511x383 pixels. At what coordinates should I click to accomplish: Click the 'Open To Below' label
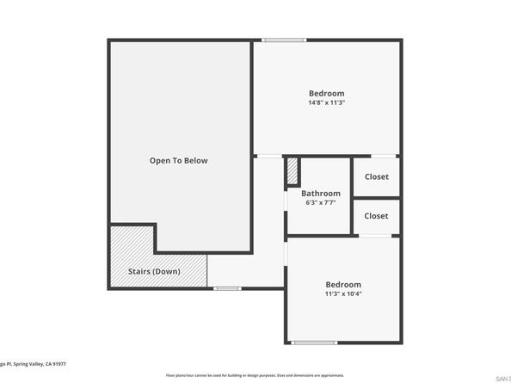178,160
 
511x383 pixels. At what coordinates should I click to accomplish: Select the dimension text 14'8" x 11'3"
326,102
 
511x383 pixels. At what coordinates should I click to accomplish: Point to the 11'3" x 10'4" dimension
342,294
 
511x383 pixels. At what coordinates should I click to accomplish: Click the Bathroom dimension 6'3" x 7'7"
320,203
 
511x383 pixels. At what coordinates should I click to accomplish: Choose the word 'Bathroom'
320,194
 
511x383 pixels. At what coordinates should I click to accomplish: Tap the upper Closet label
376,176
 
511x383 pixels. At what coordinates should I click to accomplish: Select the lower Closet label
376,216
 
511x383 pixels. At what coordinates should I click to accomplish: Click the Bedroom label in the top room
326,93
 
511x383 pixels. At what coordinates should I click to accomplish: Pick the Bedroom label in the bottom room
342,285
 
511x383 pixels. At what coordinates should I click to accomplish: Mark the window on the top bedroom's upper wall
283,40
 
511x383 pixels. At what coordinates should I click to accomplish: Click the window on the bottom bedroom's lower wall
314,343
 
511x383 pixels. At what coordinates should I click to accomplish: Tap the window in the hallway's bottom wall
226,288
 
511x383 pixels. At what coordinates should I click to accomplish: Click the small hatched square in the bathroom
292,169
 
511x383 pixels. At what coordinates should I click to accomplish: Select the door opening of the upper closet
375,157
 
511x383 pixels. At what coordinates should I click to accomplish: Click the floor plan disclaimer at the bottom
255,375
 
